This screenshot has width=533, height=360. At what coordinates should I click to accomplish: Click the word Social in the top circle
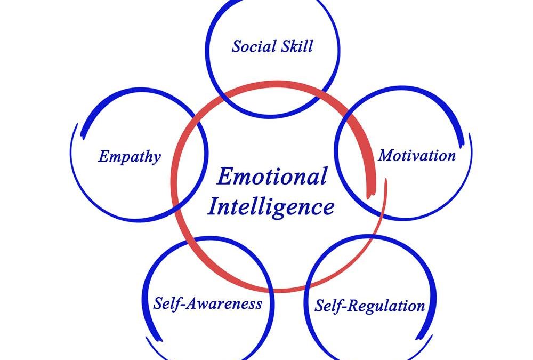252,46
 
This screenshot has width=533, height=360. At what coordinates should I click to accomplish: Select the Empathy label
129,157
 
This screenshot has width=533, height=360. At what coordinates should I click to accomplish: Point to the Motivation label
417,156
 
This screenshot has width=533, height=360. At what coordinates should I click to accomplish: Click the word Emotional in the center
272,177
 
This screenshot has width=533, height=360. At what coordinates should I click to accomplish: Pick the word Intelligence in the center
271,206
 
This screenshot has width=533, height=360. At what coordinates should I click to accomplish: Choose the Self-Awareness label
207,304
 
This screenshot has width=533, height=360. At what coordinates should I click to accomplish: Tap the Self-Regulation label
369,306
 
